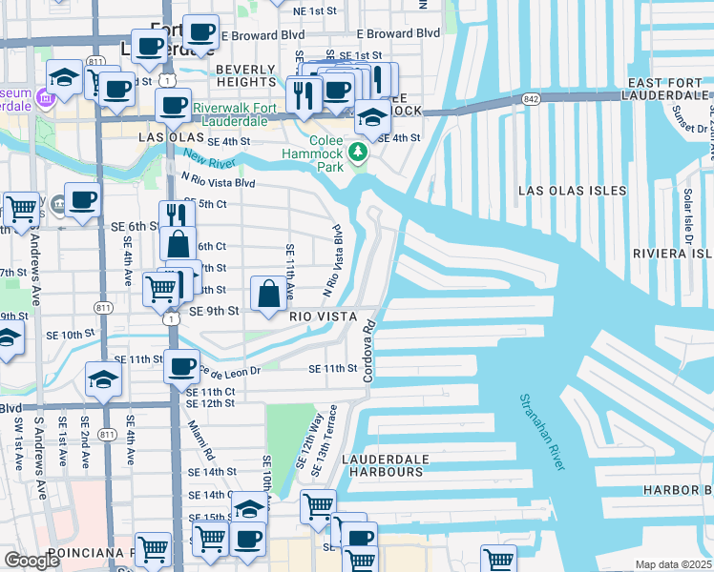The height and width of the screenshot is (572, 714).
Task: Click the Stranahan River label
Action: [x=541, y=432]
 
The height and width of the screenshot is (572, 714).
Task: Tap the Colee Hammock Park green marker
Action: [x=359, y=153]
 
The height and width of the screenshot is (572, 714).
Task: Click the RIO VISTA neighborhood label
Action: [x=324, y=317]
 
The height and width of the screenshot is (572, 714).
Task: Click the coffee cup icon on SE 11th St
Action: [x=180, y=366]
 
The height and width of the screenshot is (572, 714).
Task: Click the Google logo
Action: [x=32, y=561]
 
